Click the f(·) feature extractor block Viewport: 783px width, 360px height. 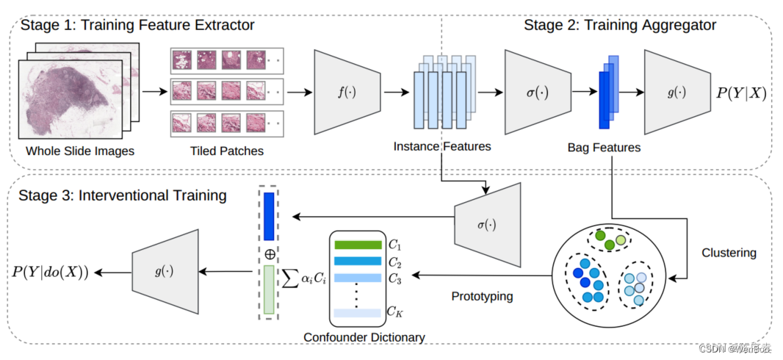(x=346, y=93)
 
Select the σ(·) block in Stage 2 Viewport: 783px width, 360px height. (x=537, y=93)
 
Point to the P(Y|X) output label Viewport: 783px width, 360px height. (x=742, y=93)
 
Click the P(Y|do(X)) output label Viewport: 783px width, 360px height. (x=51, y=272)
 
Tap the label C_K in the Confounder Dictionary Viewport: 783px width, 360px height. (x=395, y=312)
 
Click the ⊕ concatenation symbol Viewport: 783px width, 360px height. (x=269, y=253)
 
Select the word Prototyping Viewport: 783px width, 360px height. (x=482, y=296)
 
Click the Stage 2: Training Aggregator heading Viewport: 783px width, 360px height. (x=620, y=26)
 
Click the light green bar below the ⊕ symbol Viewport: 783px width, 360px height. (x=269, y=290)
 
